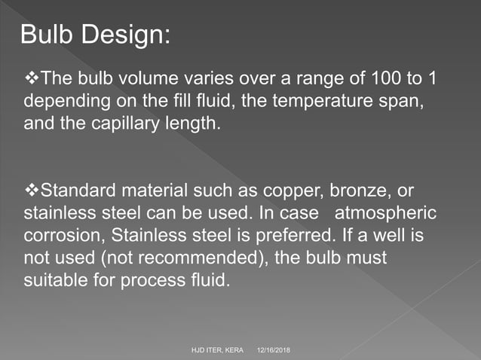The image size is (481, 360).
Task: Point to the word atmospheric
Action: click(385, 213)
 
